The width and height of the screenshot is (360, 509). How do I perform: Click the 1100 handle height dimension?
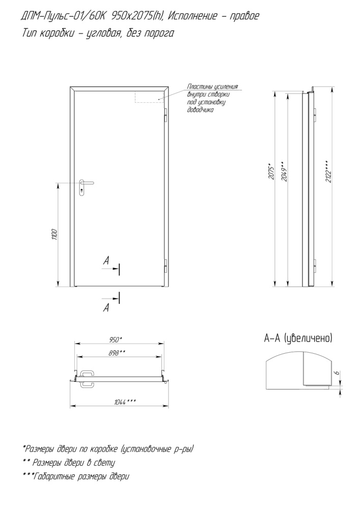pos(54,235)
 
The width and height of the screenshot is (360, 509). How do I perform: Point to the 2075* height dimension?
pos(272,173)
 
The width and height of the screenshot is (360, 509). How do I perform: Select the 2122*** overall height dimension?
pos(328,172)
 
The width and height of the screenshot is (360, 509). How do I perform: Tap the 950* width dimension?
pos(116,340)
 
